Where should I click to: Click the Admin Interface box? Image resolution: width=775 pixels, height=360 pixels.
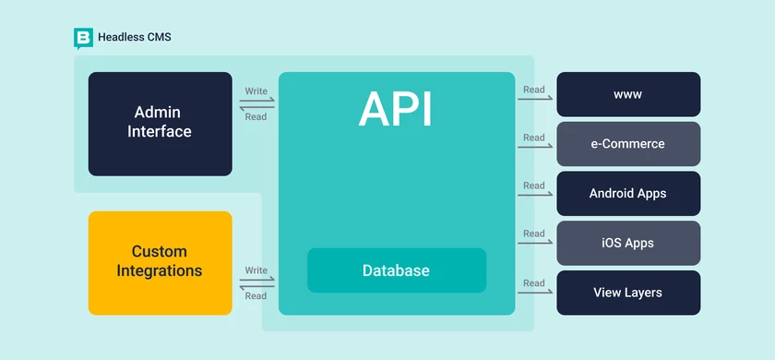(x=160, y=124)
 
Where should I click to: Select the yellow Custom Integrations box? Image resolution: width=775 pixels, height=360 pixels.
(x=160, y=262)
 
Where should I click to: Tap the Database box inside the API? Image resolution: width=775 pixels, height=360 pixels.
(x=396, y=270)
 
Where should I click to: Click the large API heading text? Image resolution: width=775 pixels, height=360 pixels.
(x=396, y=110)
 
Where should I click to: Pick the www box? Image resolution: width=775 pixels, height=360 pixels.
(x=628, y=94)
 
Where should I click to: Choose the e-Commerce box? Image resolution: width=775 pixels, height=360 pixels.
(x=628, y=144)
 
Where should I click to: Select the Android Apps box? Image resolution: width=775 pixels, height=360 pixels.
(x=628, y=194)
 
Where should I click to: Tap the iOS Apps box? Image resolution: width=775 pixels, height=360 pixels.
(x=628, y=244)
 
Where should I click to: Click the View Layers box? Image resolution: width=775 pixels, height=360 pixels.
(x=628, y=293)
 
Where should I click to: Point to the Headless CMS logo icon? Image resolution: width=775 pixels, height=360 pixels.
(x=83, y=38)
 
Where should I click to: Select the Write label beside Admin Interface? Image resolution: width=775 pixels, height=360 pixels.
(x=256, y=91)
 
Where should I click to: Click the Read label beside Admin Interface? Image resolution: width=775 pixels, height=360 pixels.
(x=256, y=117)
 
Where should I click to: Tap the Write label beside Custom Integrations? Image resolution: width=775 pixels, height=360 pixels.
(x=256, y=270)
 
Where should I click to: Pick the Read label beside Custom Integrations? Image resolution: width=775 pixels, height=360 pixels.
(x=256, y=296)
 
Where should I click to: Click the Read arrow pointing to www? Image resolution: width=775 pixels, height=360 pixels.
(x=534, y=99)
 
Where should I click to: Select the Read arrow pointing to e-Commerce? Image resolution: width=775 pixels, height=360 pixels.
(x=534, y=149)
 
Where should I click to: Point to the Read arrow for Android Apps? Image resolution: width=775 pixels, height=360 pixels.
(x=534, y=196)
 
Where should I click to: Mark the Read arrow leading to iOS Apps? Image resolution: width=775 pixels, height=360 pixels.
(x=534, y=245)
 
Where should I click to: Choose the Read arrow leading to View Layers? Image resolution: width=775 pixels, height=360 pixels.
(x=534, y=294)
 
